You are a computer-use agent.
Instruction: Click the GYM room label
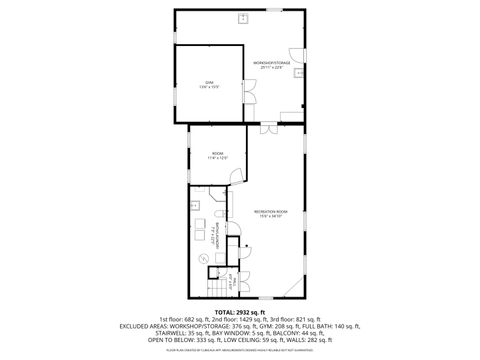click(210, 83)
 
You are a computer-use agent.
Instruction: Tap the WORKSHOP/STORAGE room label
click(272, 65)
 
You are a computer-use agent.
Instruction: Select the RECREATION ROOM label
click(271, 213)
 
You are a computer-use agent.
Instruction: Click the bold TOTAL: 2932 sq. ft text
click(240, 313)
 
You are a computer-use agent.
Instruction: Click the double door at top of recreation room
click(269, 129)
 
